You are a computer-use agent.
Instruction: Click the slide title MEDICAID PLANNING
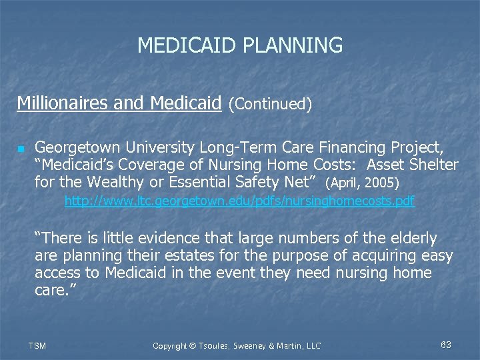240,45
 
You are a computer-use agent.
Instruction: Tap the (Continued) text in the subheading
270,104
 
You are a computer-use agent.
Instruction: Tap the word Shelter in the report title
432,164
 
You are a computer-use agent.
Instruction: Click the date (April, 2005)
361,183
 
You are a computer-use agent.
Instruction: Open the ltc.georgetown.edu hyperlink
239,201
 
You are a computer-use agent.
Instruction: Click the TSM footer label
37,345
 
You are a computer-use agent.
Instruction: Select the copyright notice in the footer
237,345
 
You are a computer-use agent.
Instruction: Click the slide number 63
446,345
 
